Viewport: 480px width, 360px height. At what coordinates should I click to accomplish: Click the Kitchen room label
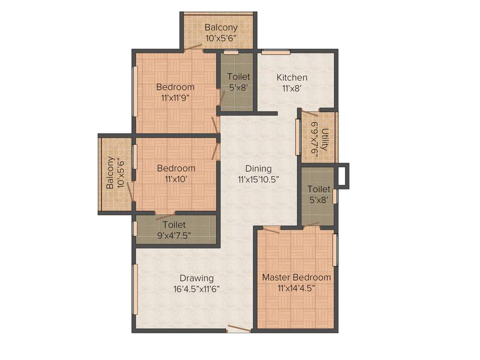292,77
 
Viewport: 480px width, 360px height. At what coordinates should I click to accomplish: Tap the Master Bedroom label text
296,277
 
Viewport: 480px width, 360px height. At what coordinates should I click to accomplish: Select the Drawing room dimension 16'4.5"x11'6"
196,289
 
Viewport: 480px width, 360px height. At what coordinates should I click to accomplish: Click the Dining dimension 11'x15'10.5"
258,179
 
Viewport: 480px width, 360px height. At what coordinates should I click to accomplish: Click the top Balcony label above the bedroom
221,28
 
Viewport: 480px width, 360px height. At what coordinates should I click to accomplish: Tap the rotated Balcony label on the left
110,172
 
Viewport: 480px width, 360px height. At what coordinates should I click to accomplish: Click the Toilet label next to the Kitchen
239,76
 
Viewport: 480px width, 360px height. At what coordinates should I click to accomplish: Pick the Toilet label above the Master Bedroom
319,189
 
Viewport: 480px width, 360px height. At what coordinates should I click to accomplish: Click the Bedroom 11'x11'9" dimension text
175,98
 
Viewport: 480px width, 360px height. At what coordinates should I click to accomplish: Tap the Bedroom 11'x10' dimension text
175,179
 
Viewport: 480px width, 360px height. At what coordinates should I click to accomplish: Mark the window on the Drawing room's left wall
135,289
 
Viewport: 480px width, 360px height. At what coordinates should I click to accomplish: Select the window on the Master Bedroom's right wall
335,250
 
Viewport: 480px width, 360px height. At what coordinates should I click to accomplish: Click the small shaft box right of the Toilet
343,176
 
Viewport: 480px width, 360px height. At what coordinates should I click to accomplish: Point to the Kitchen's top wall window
275,51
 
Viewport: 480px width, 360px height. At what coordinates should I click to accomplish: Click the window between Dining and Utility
298,137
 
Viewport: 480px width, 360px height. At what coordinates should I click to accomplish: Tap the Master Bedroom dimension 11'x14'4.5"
296,288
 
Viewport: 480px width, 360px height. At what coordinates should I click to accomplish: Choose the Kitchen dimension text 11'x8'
292,88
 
